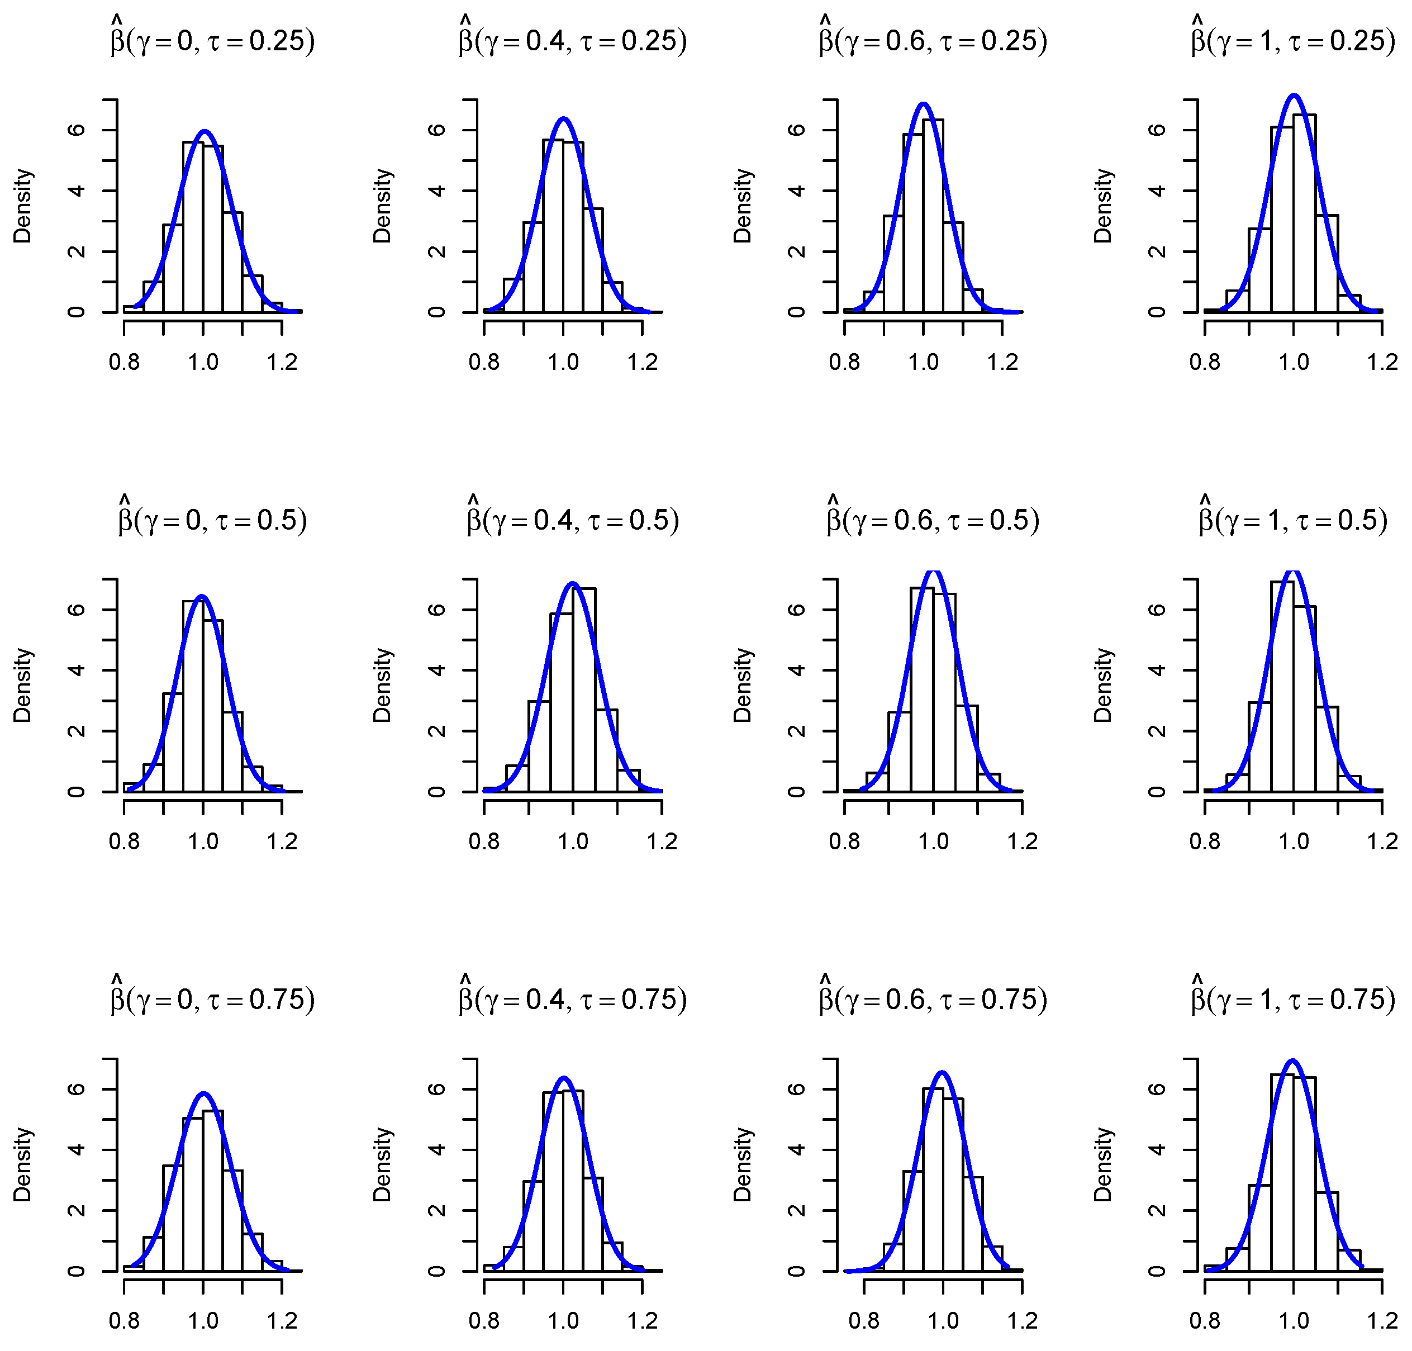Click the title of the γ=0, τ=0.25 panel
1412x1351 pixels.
tap(212, 40)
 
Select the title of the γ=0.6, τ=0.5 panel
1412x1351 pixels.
tap(933, 520)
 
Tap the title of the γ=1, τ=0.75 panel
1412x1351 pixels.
tap(1292, 1000)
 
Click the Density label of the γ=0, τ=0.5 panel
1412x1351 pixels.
tap(22, 685)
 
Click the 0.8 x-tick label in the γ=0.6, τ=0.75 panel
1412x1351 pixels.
tap(863, 1321)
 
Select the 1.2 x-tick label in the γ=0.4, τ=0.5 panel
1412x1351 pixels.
tap(661, 841)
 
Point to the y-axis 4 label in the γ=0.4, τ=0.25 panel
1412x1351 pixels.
tap(436, 191)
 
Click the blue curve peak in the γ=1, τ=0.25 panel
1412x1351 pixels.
tap(1294, 95)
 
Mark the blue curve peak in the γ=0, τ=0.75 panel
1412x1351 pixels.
tap(204, 1093)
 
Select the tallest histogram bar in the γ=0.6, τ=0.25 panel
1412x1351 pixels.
tap(933, 216)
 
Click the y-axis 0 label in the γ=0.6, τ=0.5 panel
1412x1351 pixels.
tap(796, 792)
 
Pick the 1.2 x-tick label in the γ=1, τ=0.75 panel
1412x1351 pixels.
tap(1382, 1321)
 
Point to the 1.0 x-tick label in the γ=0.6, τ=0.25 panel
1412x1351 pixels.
tap(923, 361)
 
